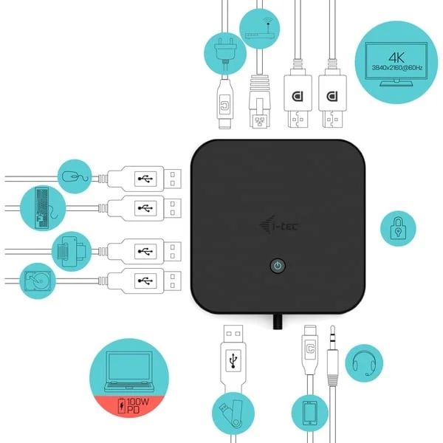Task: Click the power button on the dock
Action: tap(278, 266)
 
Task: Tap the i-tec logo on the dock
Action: tap(279, 225)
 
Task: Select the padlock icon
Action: tap(398, 228)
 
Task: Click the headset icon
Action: tap(364, 363)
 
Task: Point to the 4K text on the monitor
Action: tap(396, 58)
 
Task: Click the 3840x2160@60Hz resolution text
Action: tap(397, 68)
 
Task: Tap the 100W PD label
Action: tap(134, 405)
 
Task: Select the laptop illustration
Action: tap(129, 371)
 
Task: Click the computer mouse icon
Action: tap(75, 177)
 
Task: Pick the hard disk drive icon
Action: tap(38, 281)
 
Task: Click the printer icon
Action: tap(72, 251)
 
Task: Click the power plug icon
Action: tap(225, 53)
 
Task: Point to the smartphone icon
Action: tap(310, 413)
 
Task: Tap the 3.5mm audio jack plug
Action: tap(332, 355)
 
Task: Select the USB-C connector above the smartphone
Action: tap(310, 350)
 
